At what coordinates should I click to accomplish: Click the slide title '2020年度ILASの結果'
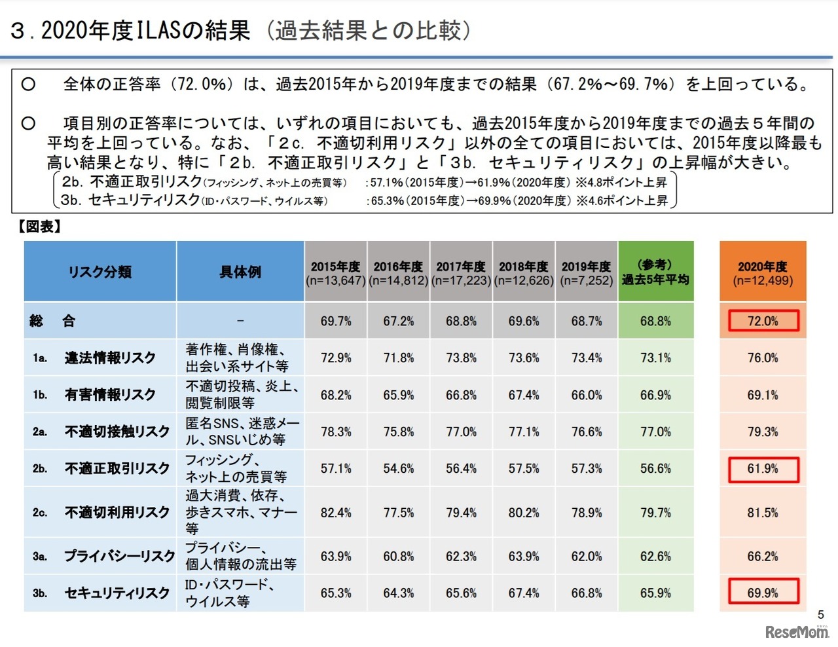coord(131,31)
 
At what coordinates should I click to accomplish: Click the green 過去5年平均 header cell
coord(655,272)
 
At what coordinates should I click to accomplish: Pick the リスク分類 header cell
coord(100,272)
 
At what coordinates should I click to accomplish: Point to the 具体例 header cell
coord(240,272)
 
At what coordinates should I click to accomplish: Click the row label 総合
coord(52,321)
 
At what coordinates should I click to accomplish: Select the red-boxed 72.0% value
coord(763,321)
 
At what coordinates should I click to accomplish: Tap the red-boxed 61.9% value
coord(763,469)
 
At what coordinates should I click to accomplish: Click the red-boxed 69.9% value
coord(763,593)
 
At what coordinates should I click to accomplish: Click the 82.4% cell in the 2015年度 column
coord(336,513)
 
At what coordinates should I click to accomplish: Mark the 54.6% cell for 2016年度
coord(398,469)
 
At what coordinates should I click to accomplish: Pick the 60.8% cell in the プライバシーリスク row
coord(398,557)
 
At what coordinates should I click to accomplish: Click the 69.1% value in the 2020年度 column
coord(763,396)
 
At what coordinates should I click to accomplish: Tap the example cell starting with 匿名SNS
coord(241,432)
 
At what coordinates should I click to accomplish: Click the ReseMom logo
coord(797,632)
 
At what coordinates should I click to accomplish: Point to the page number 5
coord(821,614)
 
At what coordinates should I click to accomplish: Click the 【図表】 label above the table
coord(39,227)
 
